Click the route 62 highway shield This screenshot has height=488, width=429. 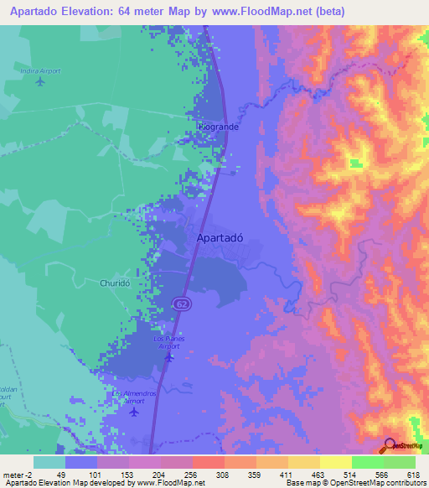coord(181,303)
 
